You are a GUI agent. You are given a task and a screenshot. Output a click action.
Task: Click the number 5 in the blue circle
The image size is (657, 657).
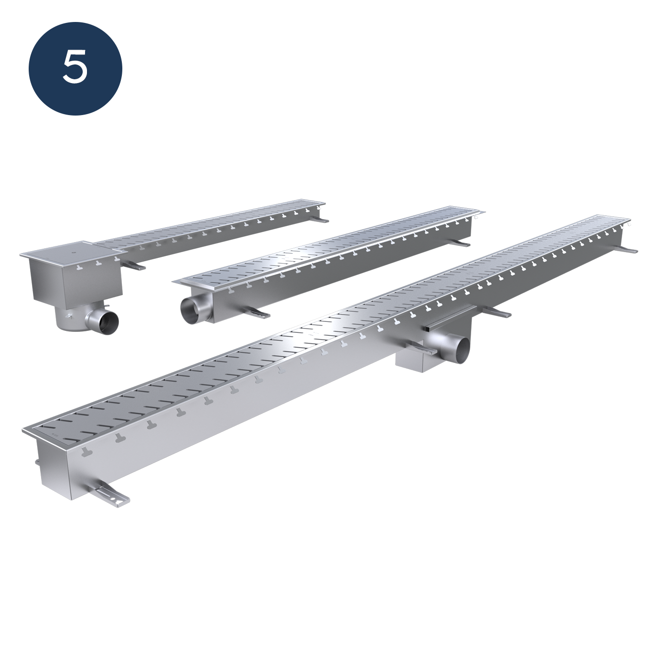click(x=75, y=68)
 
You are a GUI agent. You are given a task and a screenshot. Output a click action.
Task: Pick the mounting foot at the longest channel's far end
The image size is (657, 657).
click(x=628, y=250)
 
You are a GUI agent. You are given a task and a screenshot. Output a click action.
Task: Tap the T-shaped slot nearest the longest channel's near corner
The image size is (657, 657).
click(x=87, y=453)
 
